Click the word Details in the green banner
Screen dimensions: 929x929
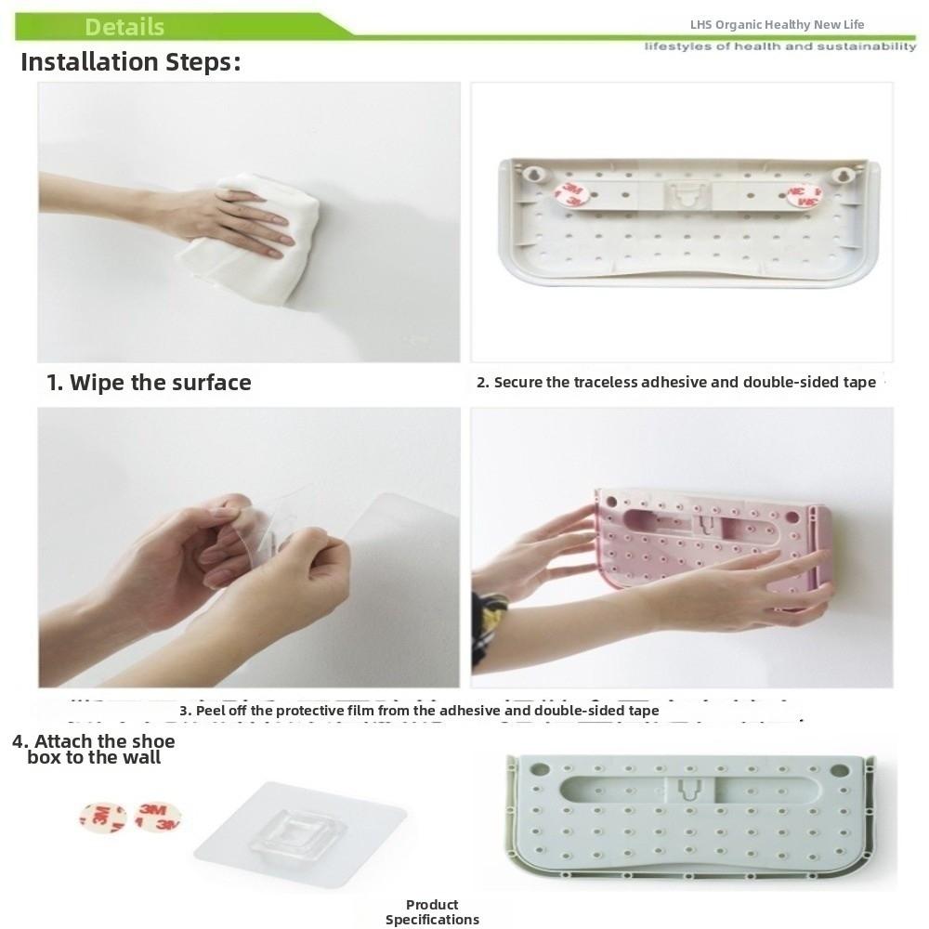tap(124, 26)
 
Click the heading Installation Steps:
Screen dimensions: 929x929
tap(131, 62)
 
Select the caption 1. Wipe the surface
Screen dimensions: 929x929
tap(150, 383)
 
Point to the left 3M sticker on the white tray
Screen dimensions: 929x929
tap(570, 194)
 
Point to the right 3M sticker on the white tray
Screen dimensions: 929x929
tap(805, 195)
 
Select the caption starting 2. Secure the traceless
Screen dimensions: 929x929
tap(676, 382)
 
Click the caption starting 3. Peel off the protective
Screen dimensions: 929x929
tap(420, 711)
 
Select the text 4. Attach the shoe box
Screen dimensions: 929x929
tap(94, 749)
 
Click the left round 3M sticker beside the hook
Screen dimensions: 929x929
tap(102, 818)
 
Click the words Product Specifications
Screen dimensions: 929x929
tap(432, 912)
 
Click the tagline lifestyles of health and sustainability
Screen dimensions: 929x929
tap(780, 46)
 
